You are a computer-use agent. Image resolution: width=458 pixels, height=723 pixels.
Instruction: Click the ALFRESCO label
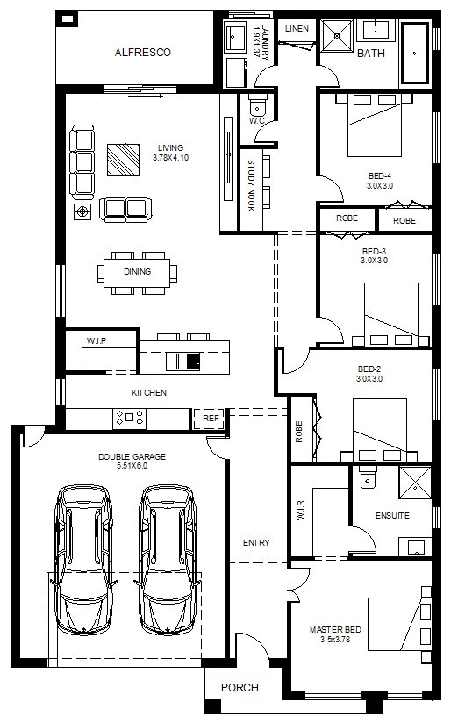click(x=142, y=52)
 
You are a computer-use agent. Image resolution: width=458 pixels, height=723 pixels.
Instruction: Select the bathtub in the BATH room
click(x=415, y=53)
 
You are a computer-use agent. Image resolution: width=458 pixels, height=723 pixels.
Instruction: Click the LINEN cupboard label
click(x=297, y=29)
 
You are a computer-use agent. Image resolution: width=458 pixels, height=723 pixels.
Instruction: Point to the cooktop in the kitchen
click(x=130, y=418)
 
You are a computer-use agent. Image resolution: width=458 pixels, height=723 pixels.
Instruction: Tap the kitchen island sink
click(x=183, y=361)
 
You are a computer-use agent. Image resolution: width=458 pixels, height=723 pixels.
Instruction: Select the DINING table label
click(x=138, y=272)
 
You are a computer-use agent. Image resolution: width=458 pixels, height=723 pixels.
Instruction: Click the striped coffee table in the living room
click(x=123, y=160)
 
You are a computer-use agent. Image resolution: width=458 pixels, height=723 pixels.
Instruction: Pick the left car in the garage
click(x=83, y=559)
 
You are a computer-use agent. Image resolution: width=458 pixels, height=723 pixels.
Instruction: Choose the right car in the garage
click(x=168, y=559)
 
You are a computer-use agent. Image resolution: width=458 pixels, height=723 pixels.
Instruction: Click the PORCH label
click(x=240, y=688)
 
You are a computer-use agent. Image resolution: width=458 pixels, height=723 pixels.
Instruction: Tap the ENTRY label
click(x=256, y=543)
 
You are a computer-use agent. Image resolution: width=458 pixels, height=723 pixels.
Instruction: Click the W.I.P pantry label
click(x=97, y=340)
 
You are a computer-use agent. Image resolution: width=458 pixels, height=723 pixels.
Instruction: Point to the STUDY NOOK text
click(x=251, y=186)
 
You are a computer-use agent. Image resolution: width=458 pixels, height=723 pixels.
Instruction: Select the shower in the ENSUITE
click(x=415, y=483)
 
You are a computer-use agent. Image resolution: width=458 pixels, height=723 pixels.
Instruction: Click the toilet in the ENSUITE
click(x=368, y=476)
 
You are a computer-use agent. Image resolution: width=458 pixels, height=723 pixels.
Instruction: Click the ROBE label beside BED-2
click(x=299, y=432)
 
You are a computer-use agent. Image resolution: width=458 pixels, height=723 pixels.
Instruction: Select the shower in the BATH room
click(x=337, y=35)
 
